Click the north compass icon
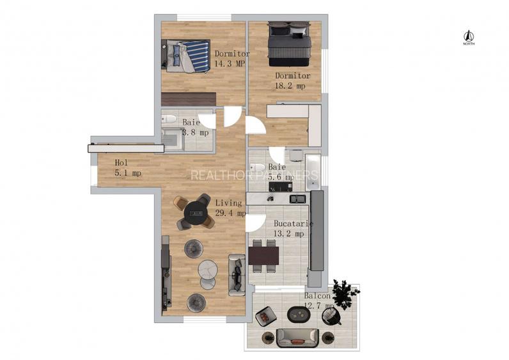tap(468, 37)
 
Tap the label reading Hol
tap(121, 163)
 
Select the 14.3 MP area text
tap(231, 64)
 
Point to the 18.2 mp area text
tap(290, 85)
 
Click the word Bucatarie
tap(293, 224)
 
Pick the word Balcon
tap(317, 297)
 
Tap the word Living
tap(229, 203)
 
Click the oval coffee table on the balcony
tap(298, 314)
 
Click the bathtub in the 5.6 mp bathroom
tap(313, 172)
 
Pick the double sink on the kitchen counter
tap(297, 199)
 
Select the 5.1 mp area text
tap(128, 173)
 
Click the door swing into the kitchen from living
tap(254, 223)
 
